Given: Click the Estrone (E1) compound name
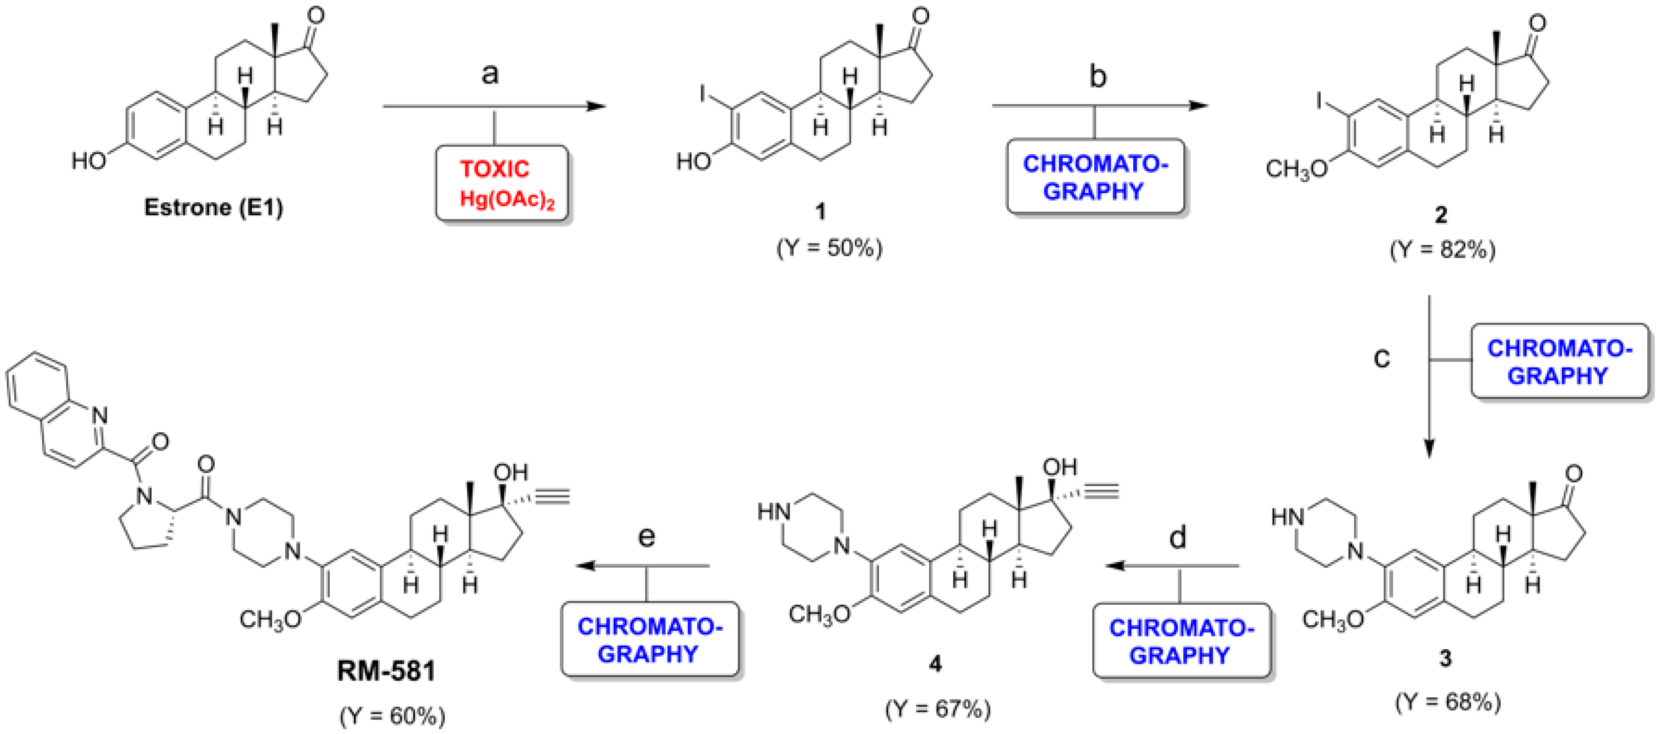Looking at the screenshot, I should click(213, 207).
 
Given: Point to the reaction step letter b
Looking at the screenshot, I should click(1097, 76).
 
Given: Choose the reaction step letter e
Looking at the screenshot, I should click(646, 536).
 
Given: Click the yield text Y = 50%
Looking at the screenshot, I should click(829, 248).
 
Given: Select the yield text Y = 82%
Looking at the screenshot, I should click(1443, 250).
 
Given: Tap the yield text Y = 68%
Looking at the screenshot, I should click(1448, 701).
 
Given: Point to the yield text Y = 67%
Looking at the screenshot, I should click(938, 709).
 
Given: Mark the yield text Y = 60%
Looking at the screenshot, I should click(392, 715).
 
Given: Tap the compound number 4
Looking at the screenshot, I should click(935, 663).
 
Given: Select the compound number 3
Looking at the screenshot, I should click(1445, 658).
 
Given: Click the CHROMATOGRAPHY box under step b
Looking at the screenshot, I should click(1096, 177).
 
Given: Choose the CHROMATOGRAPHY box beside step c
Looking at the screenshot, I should click(1559, 362).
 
